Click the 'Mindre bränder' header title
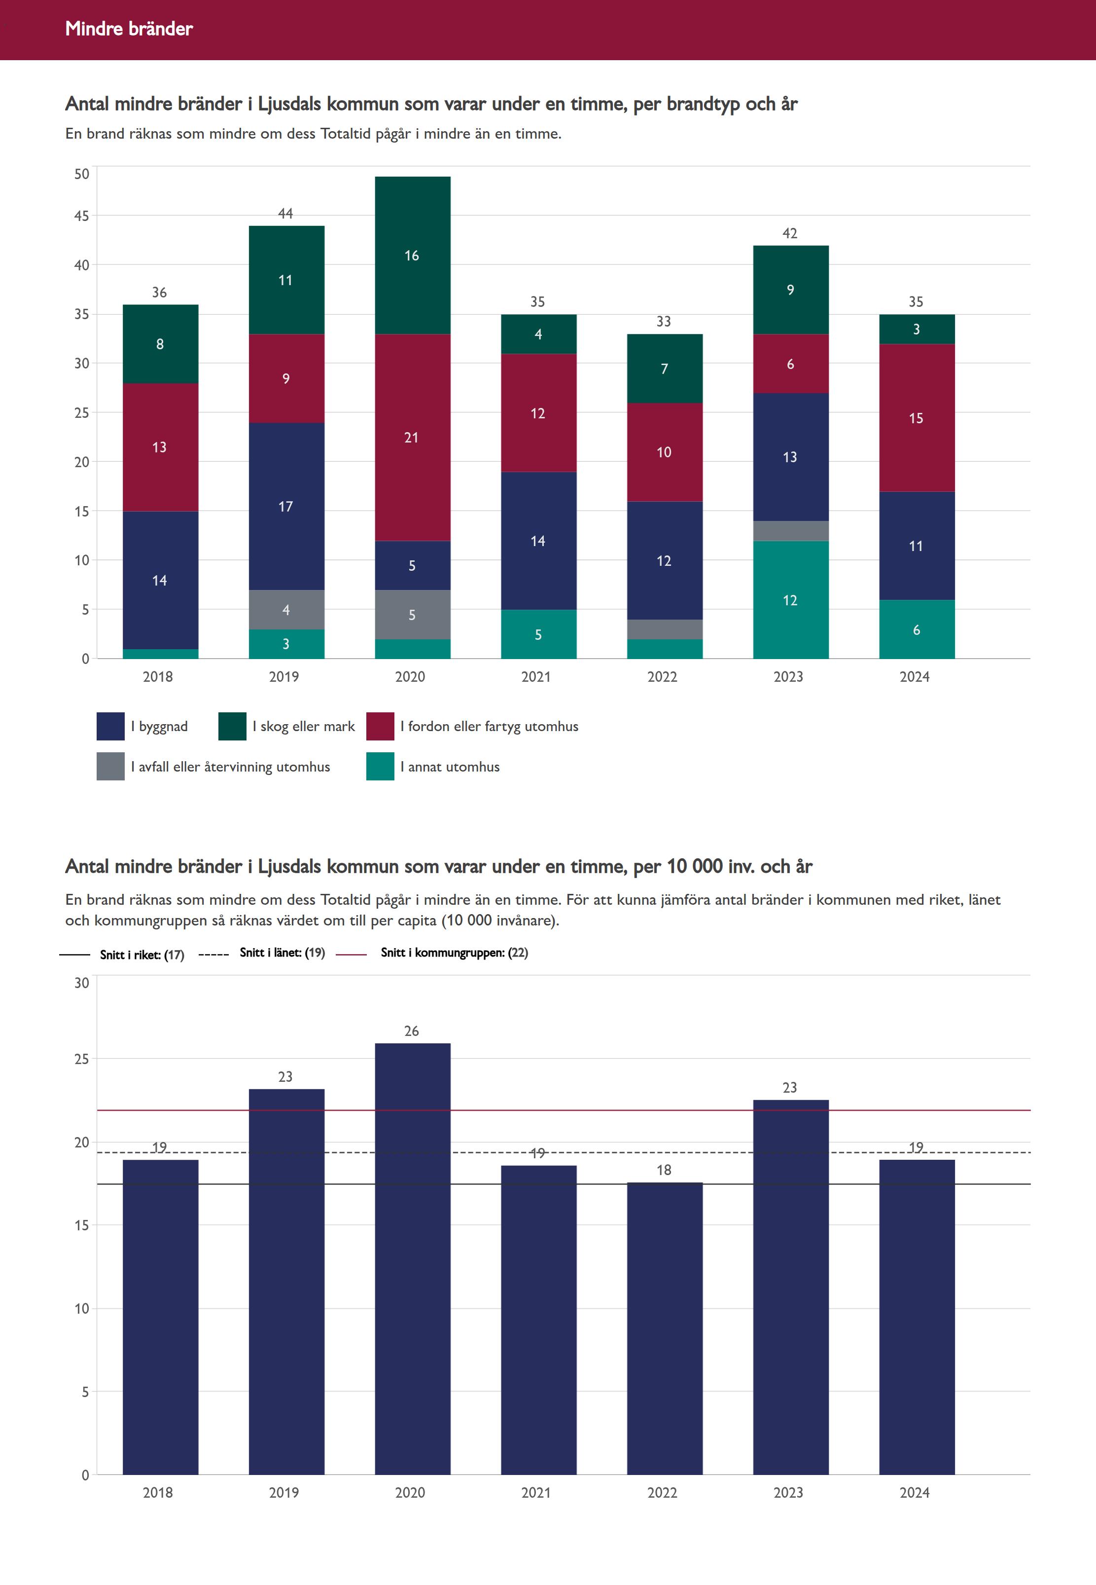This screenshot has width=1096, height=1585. (129, 29)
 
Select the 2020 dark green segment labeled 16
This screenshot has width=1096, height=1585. (412, 256)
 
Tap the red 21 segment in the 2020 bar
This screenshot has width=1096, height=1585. (412, 438)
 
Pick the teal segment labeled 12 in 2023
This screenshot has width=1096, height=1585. (790, 600)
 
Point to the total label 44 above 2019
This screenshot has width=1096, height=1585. (285, 214)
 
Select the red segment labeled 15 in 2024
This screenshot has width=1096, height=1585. (916, 418)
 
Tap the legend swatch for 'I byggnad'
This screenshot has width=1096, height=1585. (110, 726)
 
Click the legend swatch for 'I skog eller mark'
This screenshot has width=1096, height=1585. (232, 726)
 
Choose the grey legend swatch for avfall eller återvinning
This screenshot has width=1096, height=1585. (110, 767)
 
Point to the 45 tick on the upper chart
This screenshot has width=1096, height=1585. (82, 216)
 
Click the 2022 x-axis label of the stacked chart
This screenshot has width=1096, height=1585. (662, 677)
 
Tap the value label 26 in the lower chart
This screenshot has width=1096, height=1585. (411, 1031)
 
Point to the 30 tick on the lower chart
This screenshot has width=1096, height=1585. (82, 983)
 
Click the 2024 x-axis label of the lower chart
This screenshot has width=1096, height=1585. (915, 1492)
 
